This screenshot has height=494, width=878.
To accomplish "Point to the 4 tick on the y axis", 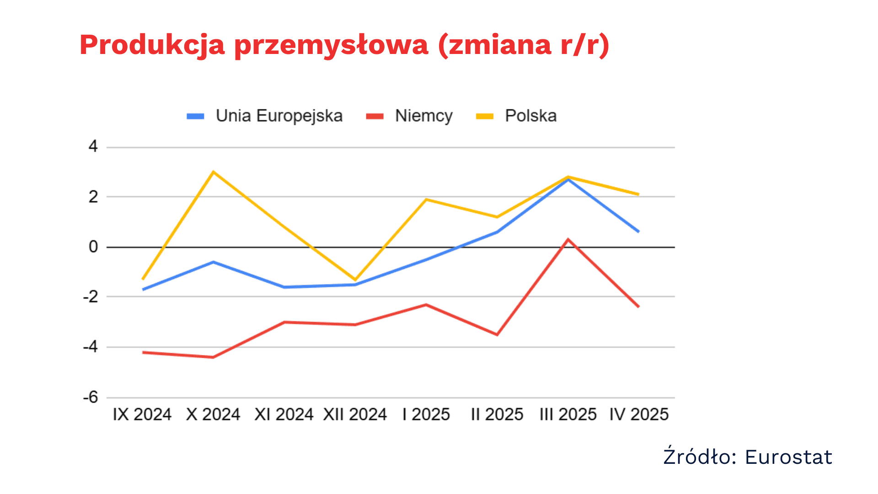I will click(x=93, y=146).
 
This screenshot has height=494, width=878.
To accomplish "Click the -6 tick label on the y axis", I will click(x=91, y=397).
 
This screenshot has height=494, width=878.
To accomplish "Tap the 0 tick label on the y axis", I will click(x=93, y=247).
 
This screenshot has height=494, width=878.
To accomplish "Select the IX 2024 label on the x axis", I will click(x=142, y=414).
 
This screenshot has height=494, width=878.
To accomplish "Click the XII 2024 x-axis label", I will click(x=355, y=414).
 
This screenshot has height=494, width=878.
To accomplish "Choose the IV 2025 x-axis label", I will click(x=639, y=414).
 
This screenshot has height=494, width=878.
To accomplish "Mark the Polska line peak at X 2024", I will click(x=213, y=172).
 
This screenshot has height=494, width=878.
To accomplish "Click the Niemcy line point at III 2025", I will click(x=568, y=240).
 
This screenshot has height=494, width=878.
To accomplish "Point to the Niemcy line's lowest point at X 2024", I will click(x=213, y=357).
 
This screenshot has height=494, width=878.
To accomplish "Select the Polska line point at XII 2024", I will click(x=355, y=279).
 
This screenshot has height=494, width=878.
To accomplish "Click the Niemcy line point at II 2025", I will click(x=497, y=334).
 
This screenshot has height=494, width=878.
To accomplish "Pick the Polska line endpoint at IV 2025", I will click(x=638, y=194).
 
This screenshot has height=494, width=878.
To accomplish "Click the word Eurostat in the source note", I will click(x=788, y=457).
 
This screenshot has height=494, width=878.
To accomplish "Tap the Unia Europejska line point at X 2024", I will click(x=213, y=262).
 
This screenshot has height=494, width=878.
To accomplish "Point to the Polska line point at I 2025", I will click(x=426, y=199).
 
